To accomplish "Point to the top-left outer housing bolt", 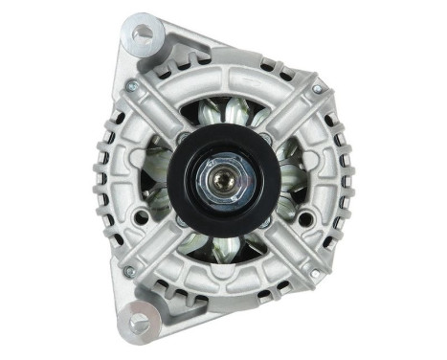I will point(133,86).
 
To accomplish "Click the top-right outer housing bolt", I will point(316,89).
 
